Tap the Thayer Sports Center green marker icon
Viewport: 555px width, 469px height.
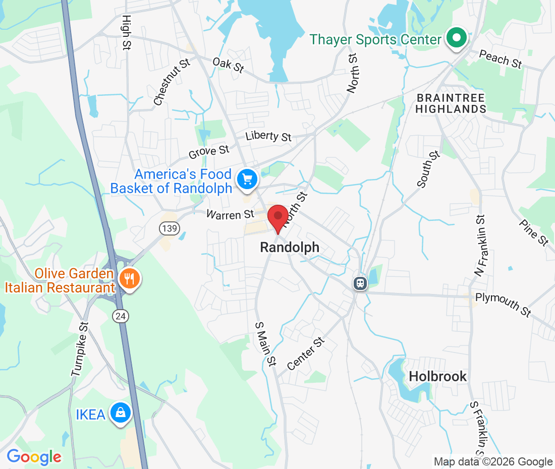click(456, 38)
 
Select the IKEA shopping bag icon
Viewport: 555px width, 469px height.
click(121, 413)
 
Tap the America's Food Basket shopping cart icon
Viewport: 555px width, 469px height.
click(247, 179)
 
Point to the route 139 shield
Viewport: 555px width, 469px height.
click(170, 228)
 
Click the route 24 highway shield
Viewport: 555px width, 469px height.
click(121, 316)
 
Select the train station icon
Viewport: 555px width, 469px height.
click(360, 283)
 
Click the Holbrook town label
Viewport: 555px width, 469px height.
click(438, 376)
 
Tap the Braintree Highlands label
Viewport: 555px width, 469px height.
click(451, 103)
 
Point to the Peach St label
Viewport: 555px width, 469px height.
click(500, 59)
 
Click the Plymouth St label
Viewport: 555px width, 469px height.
click(503, 304)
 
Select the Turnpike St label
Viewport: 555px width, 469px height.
click(80, 349)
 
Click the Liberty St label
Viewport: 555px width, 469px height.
click(268, 136)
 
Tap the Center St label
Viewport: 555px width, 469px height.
click(305, 354)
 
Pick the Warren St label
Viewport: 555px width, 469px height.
click(230, 215)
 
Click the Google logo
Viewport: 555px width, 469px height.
click(34, 457)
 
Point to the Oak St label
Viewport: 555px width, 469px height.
click(228, 65)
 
